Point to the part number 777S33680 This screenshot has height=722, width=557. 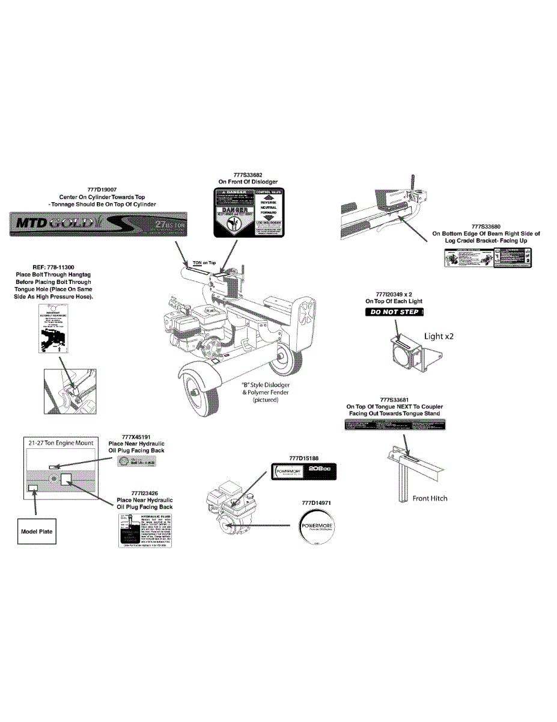click(486, 226)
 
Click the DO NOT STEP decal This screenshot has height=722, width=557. click(395, 312)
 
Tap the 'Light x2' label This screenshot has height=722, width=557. click(439, 336)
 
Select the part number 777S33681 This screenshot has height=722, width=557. click(394, 400)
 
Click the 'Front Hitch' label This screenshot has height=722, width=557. click(430, 498)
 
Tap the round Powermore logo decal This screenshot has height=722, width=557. click(317, 528)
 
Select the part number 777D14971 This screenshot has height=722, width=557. click(317, 502)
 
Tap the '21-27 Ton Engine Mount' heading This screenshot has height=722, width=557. click(59, 442)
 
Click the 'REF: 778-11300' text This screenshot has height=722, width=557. click(52, 267)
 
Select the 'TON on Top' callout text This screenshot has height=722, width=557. click(204, 263)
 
